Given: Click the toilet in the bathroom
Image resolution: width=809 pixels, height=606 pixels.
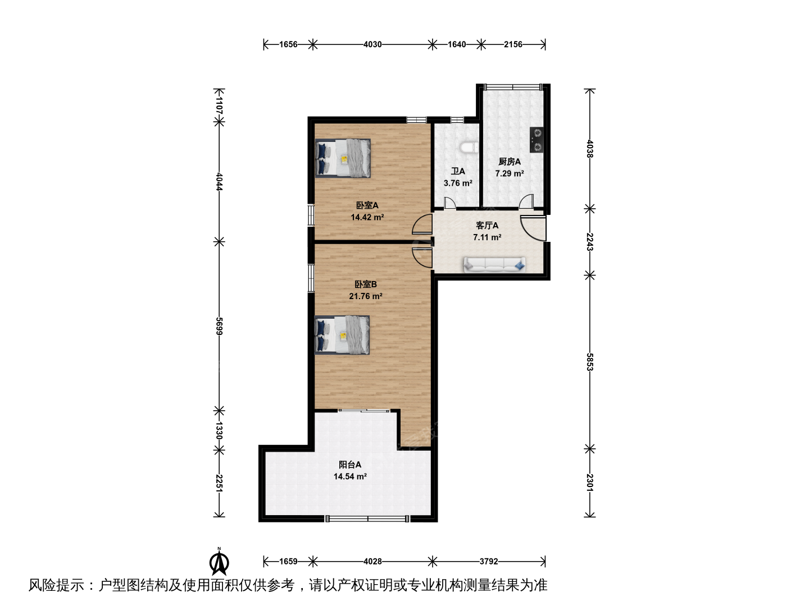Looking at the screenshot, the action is click(x=469, y=148).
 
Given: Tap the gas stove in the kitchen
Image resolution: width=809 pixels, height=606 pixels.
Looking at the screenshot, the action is click(x=537, y=140).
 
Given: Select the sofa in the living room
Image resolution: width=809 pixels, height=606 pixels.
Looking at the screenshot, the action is click(x=494, y=265).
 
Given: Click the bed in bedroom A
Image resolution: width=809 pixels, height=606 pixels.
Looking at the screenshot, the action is click(x=343, y=158).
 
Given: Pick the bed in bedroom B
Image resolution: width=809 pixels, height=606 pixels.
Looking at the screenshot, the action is click(x=342, y=335).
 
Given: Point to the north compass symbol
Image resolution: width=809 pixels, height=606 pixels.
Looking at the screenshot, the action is click(x=219, y=562).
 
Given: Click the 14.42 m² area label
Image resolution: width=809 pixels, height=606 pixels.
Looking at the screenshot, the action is click(x=367, y=217).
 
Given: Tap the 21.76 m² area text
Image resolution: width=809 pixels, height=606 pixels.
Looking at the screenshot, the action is click(x=366, y=296).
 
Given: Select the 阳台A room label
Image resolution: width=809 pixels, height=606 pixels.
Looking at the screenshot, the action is click(x=350, y=465).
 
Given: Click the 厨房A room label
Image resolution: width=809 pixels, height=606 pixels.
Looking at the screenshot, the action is click(x=510, y=162).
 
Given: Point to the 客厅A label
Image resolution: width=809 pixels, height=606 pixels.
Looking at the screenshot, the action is click(x=487, y=225).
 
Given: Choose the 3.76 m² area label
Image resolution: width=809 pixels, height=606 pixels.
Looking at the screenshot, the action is click(x=458, y=183).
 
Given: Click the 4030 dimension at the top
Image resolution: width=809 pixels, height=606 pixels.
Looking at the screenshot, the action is click(x=372, y=44).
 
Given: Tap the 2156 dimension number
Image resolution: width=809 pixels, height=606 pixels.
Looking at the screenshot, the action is click(x=513, y=44).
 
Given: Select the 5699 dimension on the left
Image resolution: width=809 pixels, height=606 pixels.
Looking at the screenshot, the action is click(x=219, y=326).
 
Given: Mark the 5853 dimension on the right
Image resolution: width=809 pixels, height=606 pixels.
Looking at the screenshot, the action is click(x=590, y=362).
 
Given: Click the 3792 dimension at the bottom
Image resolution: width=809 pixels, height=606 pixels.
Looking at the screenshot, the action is click(x=489, y=562).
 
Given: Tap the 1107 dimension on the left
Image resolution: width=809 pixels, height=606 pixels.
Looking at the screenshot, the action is click(x=219, y=105).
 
